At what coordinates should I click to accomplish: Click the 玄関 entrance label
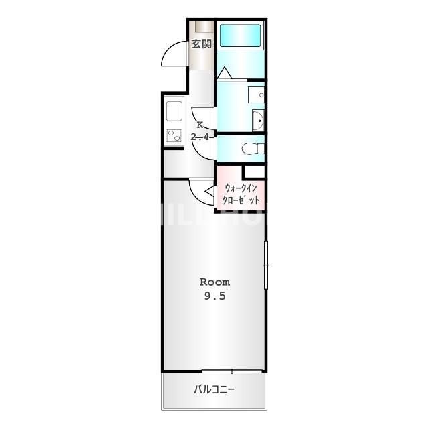tap(202, 45)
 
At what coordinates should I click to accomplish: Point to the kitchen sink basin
tap(174, 111)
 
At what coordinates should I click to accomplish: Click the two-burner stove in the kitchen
tap(174, 136)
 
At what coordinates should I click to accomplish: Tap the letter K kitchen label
tap(200, 125)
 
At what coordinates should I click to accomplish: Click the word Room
tap(215, 282)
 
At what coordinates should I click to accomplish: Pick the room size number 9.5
tap(215, 297)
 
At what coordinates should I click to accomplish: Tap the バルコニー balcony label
tap(214, 389)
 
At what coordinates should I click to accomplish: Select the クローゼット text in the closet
tap(241, 200)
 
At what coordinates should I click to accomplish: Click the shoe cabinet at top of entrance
tap(202, 27)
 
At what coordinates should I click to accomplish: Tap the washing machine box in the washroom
tap(256, 95)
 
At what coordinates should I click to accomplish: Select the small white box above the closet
tap(255, 171)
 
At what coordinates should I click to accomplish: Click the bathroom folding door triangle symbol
tap(225, 72)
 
